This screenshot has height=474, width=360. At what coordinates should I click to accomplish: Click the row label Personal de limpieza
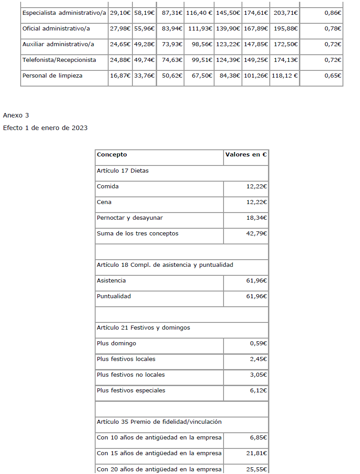(x=53, y=76)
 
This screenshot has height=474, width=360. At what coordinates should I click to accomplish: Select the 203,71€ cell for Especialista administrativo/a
(x=285, y=13)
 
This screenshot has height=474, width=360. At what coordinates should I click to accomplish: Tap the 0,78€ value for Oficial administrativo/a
(x=333, y=29)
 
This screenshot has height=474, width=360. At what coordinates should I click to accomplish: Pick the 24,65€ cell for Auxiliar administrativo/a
(x=120, y=44)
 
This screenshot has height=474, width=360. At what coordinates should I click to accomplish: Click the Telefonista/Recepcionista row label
(x=59, y=60)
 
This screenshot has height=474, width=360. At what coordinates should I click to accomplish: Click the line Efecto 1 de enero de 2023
(x=45, y=128)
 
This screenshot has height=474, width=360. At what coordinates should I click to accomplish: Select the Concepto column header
(x=112, y=155)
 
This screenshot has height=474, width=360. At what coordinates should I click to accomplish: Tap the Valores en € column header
(x=246, y=155)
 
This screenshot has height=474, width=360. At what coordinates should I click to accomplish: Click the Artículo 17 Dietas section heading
(x=123, y=171)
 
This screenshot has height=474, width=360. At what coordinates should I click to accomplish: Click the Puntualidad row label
(x=114, y=296)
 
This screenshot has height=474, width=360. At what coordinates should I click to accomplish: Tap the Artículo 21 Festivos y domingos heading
(x=143, y=328)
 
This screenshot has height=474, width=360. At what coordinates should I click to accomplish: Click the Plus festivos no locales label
(x=131, y=375)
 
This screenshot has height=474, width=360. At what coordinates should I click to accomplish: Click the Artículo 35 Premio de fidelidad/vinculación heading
(x=159, y=422)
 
